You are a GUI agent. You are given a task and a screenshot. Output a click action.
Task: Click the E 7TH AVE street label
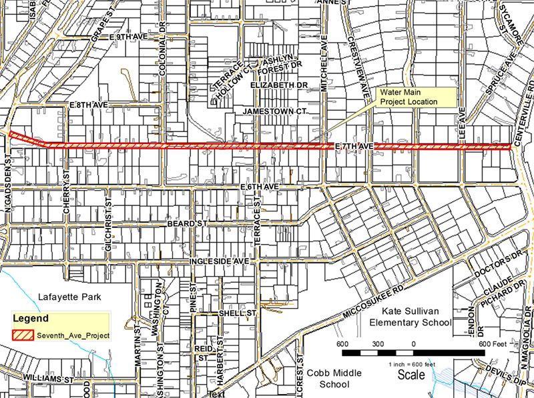tap(352, 145)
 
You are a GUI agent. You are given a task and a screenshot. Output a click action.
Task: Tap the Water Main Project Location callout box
tap(409, 97)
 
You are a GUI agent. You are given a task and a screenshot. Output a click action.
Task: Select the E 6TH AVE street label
tap(258, 189)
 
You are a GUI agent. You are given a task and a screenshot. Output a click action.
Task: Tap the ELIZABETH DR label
tap(278, 86)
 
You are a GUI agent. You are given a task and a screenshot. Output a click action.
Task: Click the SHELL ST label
tap(238, 313)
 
